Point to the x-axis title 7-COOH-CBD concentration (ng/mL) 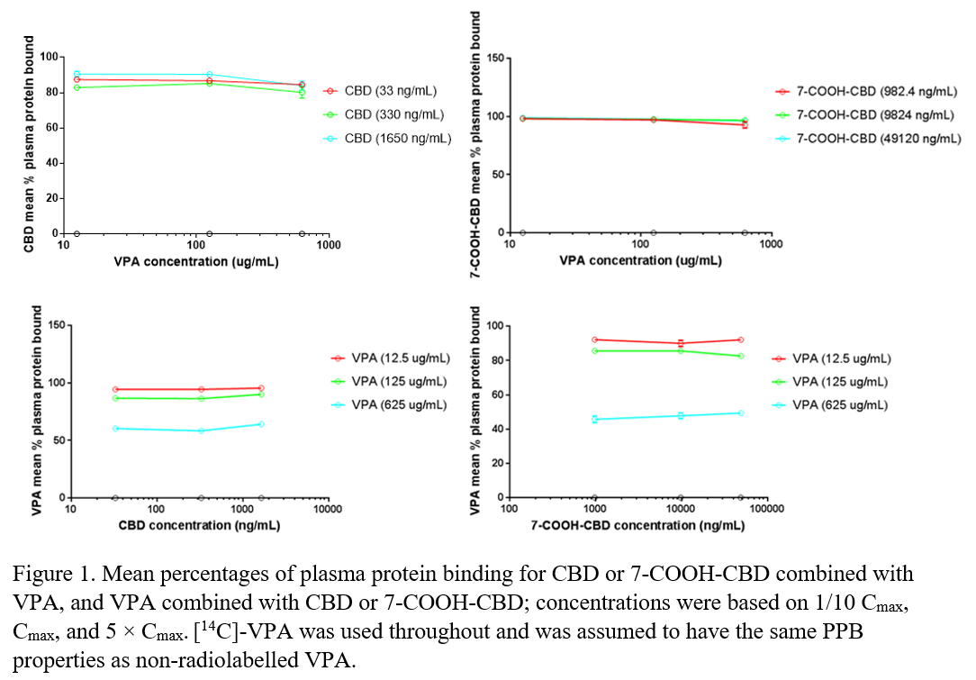[637, 526]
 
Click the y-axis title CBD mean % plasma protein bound [29, 144]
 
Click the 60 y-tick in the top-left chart [51, 128]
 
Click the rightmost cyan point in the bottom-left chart [261, 424]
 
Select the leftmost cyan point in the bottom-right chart [595, 419]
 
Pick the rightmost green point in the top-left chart [302, 92]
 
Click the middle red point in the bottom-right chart [681, 343]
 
